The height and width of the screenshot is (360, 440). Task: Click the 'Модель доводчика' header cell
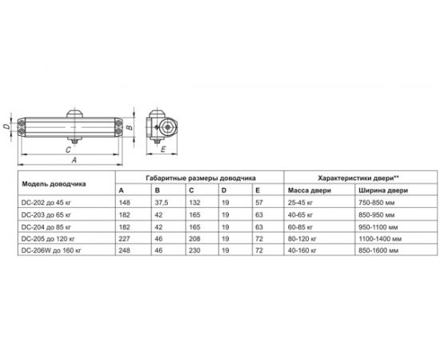(54, 184)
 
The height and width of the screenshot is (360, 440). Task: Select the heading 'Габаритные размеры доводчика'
(201, 178)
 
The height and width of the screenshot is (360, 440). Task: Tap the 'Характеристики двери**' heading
(358, 178)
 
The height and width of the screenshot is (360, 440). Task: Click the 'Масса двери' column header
(310, 190)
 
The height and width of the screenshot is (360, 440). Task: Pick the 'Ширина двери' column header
(383, 190)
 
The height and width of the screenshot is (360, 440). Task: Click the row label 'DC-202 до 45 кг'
(46, 202)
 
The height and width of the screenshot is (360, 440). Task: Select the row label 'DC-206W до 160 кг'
(51, 250)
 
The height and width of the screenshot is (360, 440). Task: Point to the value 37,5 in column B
(162, 202)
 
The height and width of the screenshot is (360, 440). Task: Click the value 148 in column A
(124, 202)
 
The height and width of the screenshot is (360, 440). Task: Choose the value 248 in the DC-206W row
(124, 250)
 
